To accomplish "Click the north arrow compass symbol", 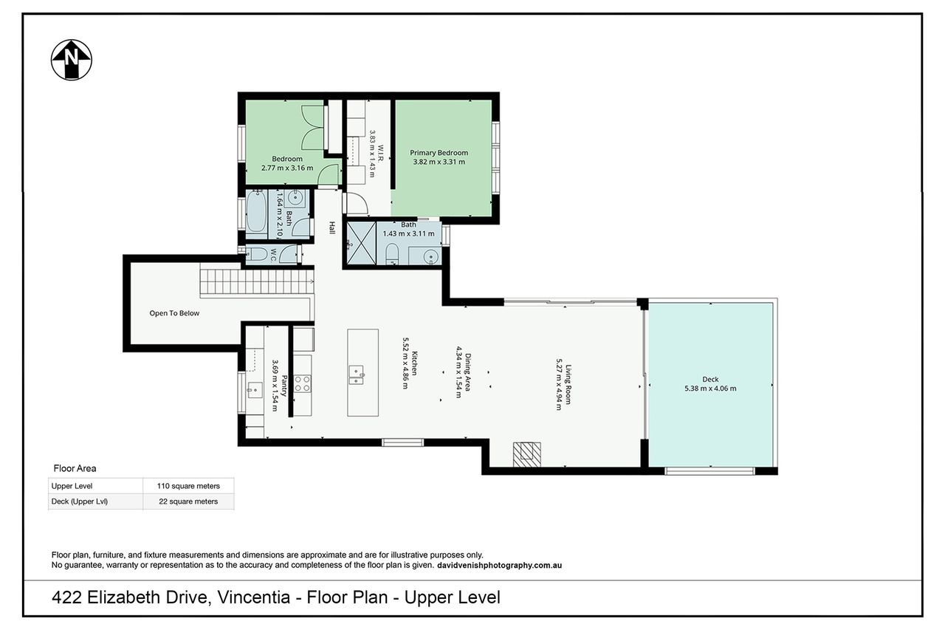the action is click(x=72, y=60).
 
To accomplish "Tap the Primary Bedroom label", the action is click(x=439, y=153).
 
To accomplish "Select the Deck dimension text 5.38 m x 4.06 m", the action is click(x=710, y=388).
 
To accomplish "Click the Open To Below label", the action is click(x=174, y=313).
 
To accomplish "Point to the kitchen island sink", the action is click(x=356, y=374).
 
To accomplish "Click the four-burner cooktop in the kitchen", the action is click(x=303, y=383).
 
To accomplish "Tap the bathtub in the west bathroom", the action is click(x=256, y=212).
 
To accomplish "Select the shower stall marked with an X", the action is click(x=361, y=244).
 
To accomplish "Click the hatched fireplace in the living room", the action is click(x=527, y=454).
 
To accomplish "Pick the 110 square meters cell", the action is click(x=188, y=486).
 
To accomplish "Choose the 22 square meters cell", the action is click(x=188, y=501).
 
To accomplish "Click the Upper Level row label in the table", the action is click(x=72, y=486).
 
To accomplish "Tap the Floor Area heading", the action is click(x=75, y=468).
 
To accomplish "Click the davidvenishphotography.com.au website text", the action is click(x=500, y=566).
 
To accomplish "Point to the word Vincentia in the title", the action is click(x=253, y=598).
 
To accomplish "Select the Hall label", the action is click(x=332, y=228).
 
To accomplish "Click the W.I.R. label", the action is click(x=380, y=155).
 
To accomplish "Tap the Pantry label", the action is click(x=284, y=386).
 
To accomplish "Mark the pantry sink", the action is click(x=255, y=390).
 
